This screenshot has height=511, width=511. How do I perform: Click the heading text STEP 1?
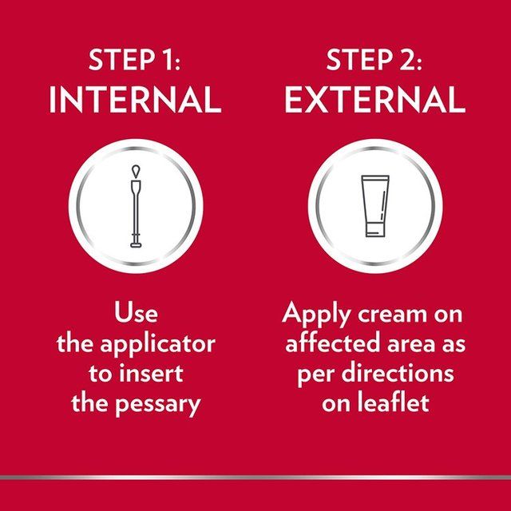click(x=135, y=60)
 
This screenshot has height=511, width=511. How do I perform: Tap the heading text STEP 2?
click(x=374, y=60)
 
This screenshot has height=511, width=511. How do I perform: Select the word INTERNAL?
click(x=135, y=99)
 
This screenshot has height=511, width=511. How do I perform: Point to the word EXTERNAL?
click(x=375, y=99)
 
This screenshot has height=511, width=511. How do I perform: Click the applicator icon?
click(x=136, y=206)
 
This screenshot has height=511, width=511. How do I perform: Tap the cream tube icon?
click(x=375, y=206)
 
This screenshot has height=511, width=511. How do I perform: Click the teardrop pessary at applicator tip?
click(x=136, y=172)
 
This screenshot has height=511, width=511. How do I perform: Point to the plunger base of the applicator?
click(x=136, y=245)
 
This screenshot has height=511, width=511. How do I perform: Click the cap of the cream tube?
click(x=375, y=230)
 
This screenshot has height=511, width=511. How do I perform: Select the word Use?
click(x=136, y=313)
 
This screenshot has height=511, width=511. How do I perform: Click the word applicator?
click(x=158, y=345)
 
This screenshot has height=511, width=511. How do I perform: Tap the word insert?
click(x=151, y=373)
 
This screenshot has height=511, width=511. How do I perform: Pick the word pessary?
click(x=158, y=405)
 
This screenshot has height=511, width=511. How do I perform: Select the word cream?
click(x=392, y=315)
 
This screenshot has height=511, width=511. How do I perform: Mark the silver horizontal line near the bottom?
click(x=255, y=477)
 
